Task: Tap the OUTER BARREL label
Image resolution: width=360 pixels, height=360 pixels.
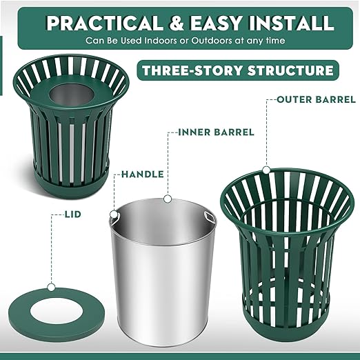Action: coord(316,99)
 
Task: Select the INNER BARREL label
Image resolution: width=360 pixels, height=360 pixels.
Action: coord(216,131)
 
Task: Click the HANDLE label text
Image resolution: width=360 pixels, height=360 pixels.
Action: coord(142,174)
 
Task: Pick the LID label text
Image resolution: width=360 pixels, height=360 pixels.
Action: coord(72,214)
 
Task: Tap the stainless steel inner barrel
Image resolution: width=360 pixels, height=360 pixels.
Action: coord(163,276)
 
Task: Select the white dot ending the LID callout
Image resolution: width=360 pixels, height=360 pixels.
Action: coord(51,286)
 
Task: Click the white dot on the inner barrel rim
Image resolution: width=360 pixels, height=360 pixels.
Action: coord(166,199)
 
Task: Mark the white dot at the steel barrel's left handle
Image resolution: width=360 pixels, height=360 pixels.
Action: coord(113,214)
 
